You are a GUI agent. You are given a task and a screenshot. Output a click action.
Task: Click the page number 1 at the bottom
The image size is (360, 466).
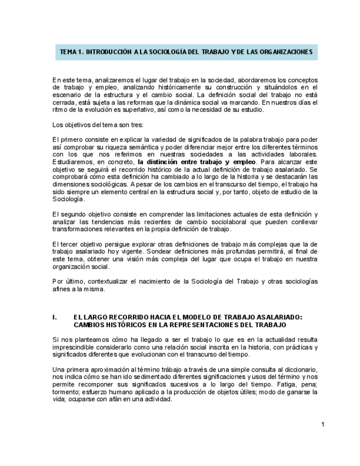tap(323, 424)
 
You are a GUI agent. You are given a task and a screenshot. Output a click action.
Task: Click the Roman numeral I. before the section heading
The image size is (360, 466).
tap(54, 317)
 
